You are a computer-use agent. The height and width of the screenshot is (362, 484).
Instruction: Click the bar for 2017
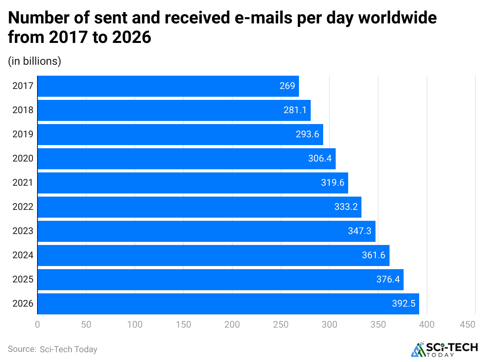point(168,86)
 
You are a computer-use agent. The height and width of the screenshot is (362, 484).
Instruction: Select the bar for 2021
point(192,183)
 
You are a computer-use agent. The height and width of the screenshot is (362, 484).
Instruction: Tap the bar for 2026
point(228,304)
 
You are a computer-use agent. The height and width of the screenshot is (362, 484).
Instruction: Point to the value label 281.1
point(295,110)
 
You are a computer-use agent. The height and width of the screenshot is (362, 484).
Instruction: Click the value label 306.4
point(320,158)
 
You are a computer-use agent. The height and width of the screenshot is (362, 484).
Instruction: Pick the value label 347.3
point(359,231)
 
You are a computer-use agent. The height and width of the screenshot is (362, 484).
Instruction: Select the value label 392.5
point(404,303)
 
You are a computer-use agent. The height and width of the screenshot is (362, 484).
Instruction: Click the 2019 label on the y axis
point(23,135)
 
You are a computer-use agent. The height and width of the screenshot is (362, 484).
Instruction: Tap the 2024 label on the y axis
point(23,256)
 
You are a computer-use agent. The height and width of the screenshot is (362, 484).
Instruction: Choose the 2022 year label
point(23,207)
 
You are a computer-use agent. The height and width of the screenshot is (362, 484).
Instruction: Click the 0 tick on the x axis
point(37,325)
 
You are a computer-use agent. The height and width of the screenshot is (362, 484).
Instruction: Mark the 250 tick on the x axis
point(281,325)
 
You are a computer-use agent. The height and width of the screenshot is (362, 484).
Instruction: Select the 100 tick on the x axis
point(135,325)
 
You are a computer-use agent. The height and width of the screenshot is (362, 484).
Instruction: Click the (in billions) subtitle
point(34,61)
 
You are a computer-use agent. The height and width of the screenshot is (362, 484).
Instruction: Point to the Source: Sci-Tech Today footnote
point(53,349)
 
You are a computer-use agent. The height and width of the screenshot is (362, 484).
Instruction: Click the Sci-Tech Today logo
point(444,350)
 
